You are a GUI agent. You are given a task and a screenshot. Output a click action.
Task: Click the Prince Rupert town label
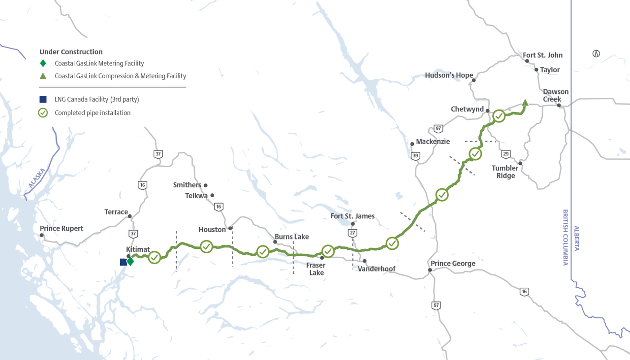point(62,228)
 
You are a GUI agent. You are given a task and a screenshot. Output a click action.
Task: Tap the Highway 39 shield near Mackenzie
point(416,156)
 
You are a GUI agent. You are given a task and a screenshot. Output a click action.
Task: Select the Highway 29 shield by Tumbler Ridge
point(505,154)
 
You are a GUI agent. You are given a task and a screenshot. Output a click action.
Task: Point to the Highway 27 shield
point(352,233)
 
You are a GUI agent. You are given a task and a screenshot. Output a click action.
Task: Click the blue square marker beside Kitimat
point(123,262)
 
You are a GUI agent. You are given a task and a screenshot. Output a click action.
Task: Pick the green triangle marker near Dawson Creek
point(525,103)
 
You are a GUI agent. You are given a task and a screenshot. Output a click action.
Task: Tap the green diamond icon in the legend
point(43,63)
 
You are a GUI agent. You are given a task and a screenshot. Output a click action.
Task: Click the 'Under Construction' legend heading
point(71,52)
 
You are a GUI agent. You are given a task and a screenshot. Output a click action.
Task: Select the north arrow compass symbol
point(596,54)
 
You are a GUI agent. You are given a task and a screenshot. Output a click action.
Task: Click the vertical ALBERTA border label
point(576,238)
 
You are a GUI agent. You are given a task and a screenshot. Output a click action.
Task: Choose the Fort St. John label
point(542,55)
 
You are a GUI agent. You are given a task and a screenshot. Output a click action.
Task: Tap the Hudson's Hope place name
point(449,75)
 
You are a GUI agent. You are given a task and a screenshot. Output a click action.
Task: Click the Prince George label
point(453,264)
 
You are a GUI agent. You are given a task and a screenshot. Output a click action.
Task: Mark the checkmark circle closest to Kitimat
point(155,257)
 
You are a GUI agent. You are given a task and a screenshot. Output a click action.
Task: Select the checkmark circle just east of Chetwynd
point(499,116)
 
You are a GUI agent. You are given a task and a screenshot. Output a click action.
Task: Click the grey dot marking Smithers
point(206,185)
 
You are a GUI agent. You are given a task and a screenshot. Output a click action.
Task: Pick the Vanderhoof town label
point(377,269)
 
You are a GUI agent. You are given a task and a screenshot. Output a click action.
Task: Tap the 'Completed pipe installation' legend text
point(93,113)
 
